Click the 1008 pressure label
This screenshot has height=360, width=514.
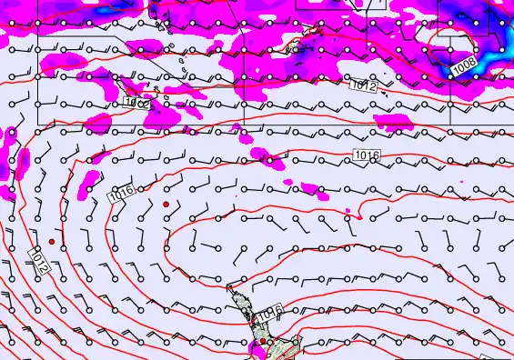[463, 65]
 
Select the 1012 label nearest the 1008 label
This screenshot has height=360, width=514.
[363, 85]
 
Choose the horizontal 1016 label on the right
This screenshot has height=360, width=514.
[367, 156]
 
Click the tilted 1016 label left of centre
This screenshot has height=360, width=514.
[121, 193]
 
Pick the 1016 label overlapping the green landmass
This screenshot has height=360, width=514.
[267, 315]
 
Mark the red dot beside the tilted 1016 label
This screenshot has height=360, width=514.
[166, 205]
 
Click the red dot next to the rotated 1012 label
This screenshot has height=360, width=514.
[52, 242]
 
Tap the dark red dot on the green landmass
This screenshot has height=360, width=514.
[263, 342]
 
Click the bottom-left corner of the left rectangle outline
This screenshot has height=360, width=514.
[37, 124]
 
